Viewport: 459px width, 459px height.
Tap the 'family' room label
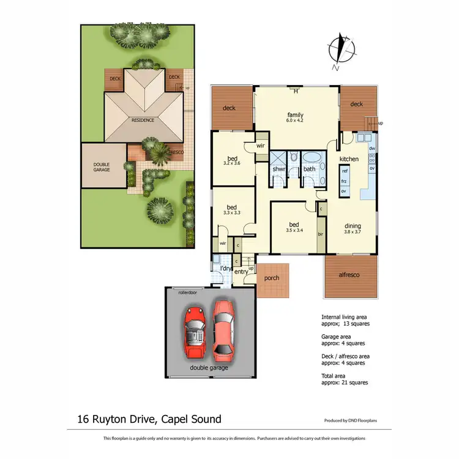point(296,115)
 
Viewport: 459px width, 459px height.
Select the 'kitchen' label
point(349,159)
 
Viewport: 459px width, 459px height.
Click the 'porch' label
point(271,278)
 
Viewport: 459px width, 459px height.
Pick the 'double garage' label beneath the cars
point(209,368)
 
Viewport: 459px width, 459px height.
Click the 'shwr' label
point(279,168)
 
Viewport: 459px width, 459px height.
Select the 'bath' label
point(309,168)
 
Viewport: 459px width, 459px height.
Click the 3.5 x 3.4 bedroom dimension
point(295,230)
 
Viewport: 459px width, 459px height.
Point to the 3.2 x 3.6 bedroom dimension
point(231,163)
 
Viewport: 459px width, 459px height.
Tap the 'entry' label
point(242,271)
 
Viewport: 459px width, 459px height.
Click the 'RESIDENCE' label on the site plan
point(143,120)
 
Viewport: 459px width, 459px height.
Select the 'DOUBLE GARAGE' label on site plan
point(102,166)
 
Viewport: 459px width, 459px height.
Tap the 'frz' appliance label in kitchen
point(345,181)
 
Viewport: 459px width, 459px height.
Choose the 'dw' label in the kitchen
point(372,149)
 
